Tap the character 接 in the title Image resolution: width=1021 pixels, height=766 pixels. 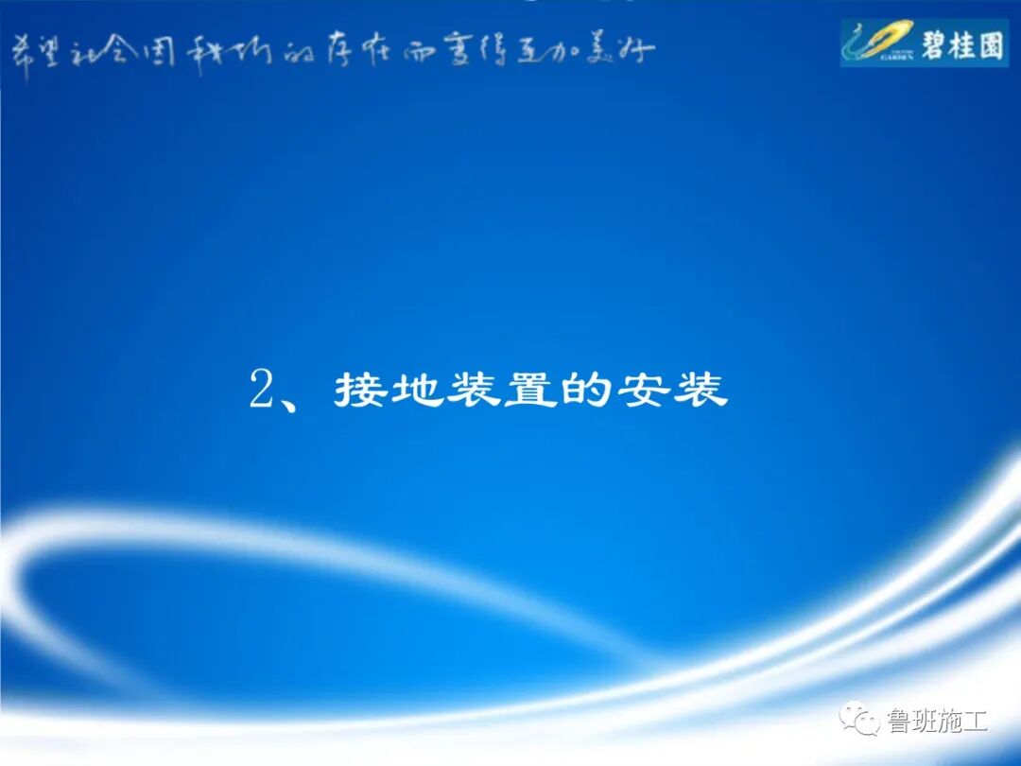pos(359,390)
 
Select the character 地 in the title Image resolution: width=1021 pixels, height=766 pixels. pos(417,390)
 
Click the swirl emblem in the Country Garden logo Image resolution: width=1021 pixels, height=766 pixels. pos(874,42)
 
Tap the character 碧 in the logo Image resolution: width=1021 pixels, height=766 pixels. pos(933,44)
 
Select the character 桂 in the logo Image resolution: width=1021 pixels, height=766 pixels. pos(961,44)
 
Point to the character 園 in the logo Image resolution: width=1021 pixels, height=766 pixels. pos(990,44)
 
